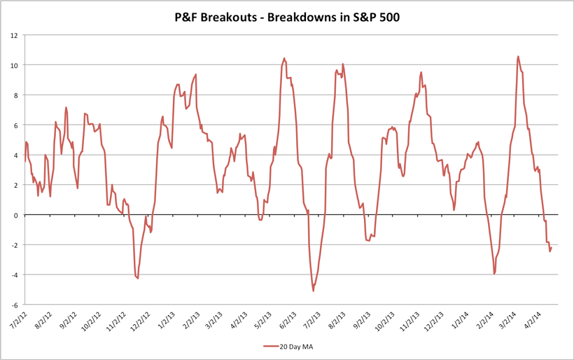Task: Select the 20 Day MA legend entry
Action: [x=293, y=345]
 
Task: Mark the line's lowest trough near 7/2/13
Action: [x=314, y=291]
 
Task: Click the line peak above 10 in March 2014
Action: [x=518, y=56]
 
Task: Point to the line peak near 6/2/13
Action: [x=284, y=58]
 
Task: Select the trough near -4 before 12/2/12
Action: [x=138, y=279]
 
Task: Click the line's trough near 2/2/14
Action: [x=494, y=274]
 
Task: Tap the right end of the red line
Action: [x=552, y=247]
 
